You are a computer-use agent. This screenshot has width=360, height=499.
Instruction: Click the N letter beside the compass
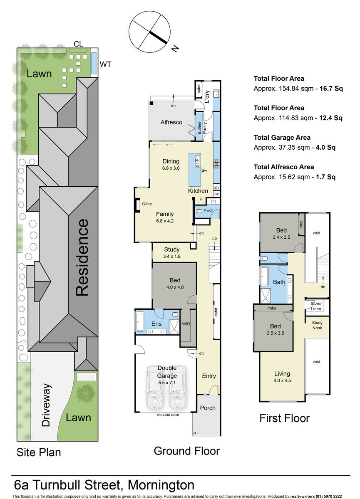[176, 49]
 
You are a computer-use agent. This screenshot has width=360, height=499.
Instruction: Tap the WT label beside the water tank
[105, 64]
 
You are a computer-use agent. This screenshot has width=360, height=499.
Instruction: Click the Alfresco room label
[171, 122]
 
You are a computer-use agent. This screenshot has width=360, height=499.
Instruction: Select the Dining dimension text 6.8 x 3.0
[171, 168]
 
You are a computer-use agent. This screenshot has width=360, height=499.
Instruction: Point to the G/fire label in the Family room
[147, 204]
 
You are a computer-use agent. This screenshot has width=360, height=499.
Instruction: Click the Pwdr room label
[208, 210]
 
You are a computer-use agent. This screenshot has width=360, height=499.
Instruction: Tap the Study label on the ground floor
[171, 249]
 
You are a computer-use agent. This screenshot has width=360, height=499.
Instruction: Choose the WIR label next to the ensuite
[186, 324]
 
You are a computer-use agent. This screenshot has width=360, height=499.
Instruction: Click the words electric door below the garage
[168, 415]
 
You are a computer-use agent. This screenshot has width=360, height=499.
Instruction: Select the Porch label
[208, 408]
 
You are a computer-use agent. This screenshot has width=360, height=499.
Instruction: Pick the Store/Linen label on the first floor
[316, 306]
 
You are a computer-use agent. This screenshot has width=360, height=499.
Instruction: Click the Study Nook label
[317, 325]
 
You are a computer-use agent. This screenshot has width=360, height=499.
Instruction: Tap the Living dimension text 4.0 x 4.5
[282, 380]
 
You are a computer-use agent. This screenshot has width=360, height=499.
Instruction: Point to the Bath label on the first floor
[279, 282]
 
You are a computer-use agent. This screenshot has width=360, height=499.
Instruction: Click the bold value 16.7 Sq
[331, 89]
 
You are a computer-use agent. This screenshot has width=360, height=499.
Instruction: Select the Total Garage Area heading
[282, 138]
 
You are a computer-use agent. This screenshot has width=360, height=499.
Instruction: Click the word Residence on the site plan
[82, 258]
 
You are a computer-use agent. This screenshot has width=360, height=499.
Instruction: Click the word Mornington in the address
[161, 485]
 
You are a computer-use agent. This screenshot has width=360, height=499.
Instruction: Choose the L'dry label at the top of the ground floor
[207, 96]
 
